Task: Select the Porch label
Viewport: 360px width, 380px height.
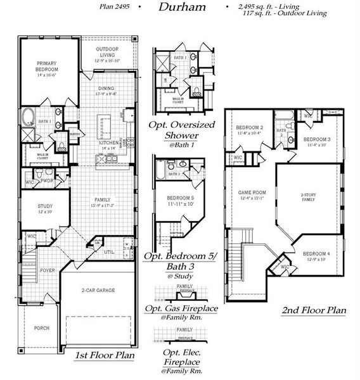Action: coord(42,328)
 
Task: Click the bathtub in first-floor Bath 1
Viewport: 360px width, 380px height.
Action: coord(30,117)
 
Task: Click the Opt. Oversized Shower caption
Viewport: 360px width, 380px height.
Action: coord(172,130)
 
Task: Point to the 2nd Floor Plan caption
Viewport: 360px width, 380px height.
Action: coord(315,310)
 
